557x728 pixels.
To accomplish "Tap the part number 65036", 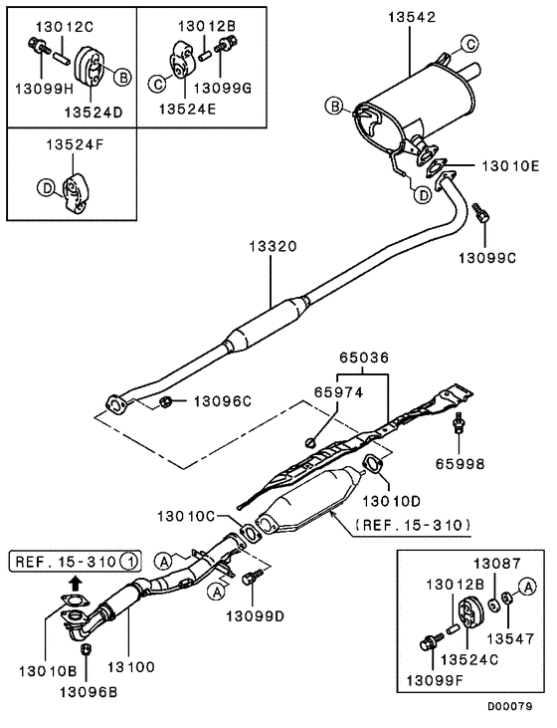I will point(358,356).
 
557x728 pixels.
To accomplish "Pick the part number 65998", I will point(461,464).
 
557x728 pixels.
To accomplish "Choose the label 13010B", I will point(41,664).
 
